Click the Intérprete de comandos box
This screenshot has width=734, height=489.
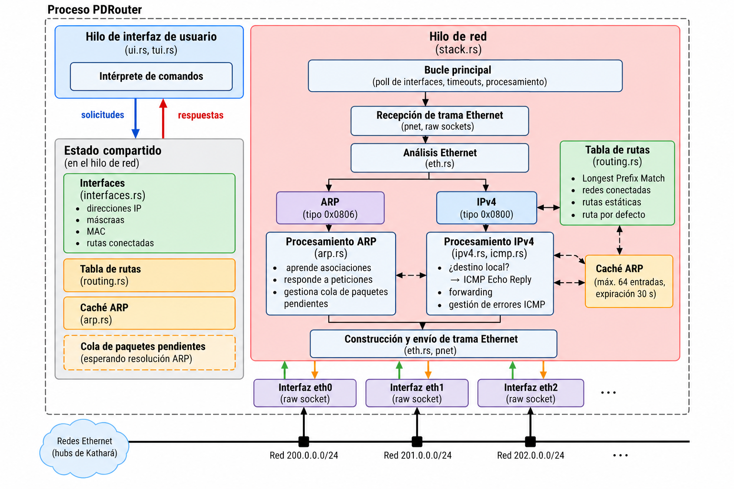coord(151,76)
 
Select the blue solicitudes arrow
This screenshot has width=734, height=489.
coord(135,118)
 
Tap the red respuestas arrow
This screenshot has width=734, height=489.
coord(163,118)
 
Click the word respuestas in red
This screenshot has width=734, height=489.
coord(201,115)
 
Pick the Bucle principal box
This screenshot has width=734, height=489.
coord(465,75)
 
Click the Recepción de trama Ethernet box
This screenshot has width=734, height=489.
coord(440,121)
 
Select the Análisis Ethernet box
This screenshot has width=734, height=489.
coord(440,158)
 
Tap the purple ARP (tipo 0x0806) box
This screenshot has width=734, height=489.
coord(330,208)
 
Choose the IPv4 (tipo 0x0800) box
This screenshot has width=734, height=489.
coord(486,208)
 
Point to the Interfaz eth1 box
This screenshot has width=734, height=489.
coord(417,393)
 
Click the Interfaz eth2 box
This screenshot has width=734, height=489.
coord(530,393)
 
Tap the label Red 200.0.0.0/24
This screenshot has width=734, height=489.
coord(304,455)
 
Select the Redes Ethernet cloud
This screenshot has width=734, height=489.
coord(84,448)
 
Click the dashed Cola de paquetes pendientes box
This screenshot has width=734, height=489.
coord(150,353)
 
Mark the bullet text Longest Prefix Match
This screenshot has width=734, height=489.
coord(623,178)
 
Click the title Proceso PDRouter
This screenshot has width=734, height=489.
coord(95,10)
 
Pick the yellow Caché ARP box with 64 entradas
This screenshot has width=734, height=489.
coord(629,281)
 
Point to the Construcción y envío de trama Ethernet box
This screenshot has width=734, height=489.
coord(433,344)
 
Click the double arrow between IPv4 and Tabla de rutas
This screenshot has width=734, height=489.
coord(549,207)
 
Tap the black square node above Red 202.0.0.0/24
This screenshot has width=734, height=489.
coord(530,442)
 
